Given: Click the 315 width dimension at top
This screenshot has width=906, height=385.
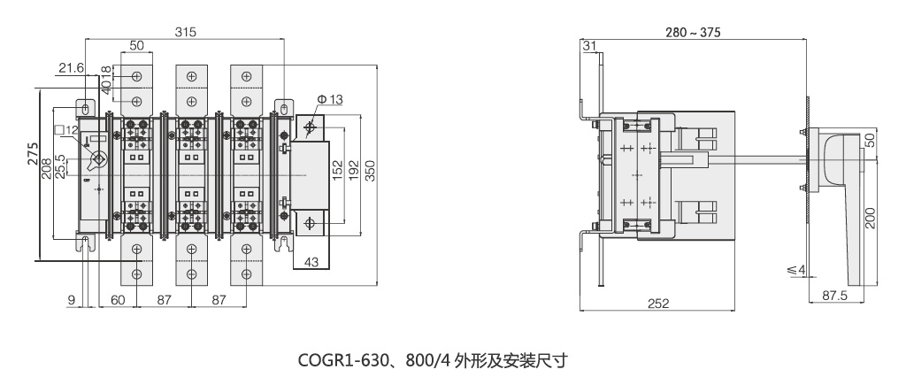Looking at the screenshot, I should pyautogui.click(x=185, y=32).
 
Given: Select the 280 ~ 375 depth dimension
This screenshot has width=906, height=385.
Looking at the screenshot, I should pyautogui.click(x=694, y=33).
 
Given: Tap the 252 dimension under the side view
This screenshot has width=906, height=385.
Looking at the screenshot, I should pyautogui.click(x=657, y=303).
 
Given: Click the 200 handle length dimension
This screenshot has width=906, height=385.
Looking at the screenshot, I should pyautogui.click(x=871, y=217).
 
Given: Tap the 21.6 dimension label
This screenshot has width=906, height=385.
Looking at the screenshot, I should pyautogui.click(x=72, y=67).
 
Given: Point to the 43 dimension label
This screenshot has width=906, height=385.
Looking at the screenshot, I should pyautogui.click(x=311, y=262).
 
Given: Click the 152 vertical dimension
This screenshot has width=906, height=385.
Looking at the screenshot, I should pyautogui.click(x=337, y=170).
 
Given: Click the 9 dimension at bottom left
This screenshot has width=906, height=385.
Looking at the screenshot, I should pyautogui.click(x=71, y=301).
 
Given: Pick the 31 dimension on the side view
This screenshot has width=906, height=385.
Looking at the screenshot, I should pyautogui.click(x=590, y=46).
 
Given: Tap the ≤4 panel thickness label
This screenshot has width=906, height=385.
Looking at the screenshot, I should pyautogui.click(x=795, y=269).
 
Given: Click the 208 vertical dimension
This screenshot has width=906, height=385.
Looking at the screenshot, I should pyautogui.click(x=47, y=160).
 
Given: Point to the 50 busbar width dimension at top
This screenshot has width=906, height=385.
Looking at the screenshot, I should pyautogui.click(x=136, y=45).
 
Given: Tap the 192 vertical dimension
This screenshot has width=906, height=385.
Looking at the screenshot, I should pyautogui.click(x=352, y=171).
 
